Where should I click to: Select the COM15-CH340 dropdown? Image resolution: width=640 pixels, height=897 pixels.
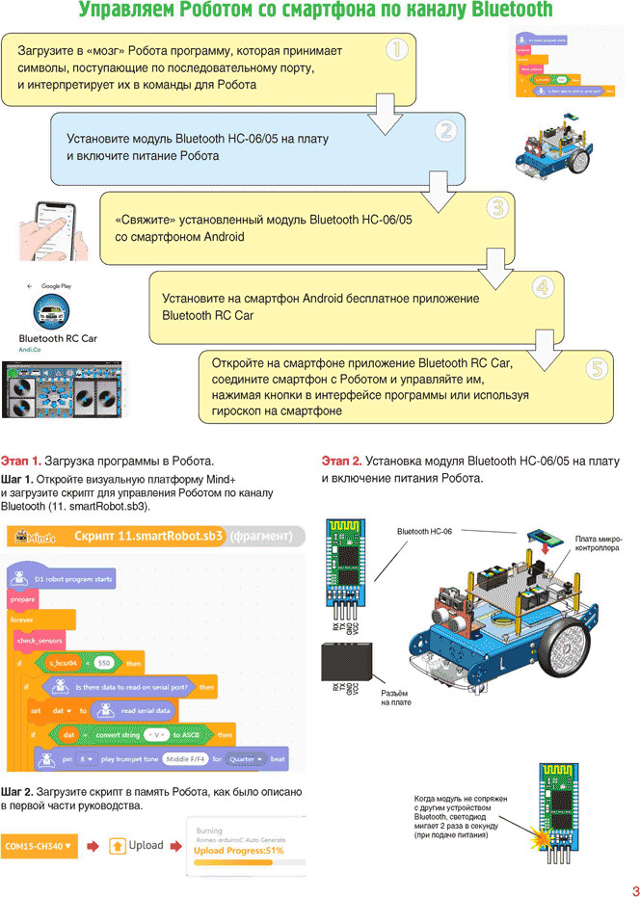click(x=39, y=845)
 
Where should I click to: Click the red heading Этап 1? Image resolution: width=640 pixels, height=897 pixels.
click(x=21, y=460)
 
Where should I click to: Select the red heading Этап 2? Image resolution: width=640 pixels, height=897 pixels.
click(x=341, y=460)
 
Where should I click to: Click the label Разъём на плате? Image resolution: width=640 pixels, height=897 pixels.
click(x=396, y=698)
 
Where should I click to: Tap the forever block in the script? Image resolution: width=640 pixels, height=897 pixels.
click(x=22, y=620)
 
